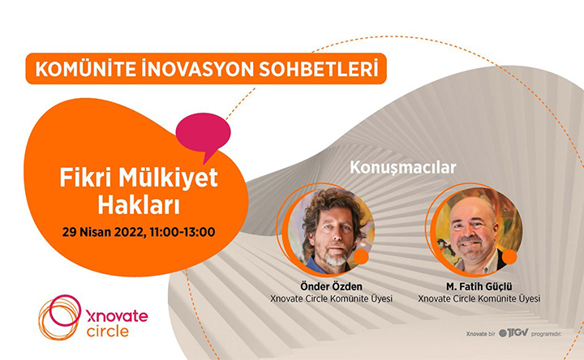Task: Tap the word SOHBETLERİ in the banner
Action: click(x=319, y=68)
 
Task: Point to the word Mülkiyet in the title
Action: click(x=168, y=178)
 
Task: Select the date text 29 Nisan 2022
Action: click(x=103, y=233)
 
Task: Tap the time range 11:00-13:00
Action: click(x=182, y=232)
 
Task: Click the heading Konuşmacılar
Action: click(x=403, y=168)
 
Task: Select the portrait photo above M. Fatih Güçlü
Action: click(x=479, y=230)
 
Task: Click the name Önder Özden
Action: click(x=331, y=286)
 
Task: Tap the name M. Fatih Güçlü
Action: click(x=479, y=287)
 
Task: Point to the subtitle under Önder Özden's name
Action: click(x=331, y=298)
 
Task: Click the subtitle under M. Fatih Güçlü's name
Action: click(x=479, y=298)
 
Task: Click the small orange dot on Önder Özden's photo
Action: click(x=360, y=257)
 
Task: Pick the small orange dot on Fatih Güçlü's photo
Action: click(x=509, y=257)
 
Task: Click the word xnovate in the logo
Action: click(x=117, y=316)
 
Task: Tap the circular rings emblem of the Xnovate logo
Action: click(x=59, y=317)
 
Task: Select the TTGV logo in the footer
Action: click(x=513, y=332)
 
